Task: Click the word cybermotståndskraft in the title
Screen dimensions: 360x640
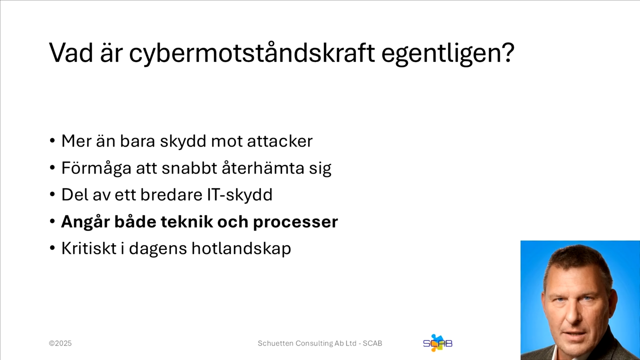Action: point(251,53)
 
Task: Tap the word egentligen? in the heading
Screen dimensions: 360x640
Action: point(447,53)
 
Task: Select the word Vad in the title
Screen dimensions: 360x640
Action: point(71,53)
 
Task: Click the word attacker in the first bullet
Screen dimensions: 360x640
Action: point(279,141)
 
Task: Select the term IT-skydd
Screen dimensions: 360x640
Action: point(239,195)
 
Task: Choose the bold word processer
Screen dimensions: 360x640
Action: point(295,222)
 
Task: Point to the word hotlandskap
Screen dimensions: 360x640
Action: point(242,249)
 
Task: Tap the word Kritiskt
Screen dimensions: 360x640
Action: point(87,248)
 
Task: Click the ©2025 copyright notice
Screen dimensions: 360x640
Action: point(60,343)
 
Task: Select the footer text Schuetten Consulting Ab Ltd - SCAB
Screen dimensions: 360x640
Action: point(320,343)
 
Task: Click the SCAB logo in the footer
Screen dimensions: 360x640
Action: point(437,343)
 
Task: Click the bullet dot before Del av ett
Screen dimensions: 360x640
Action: point(52,195)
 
